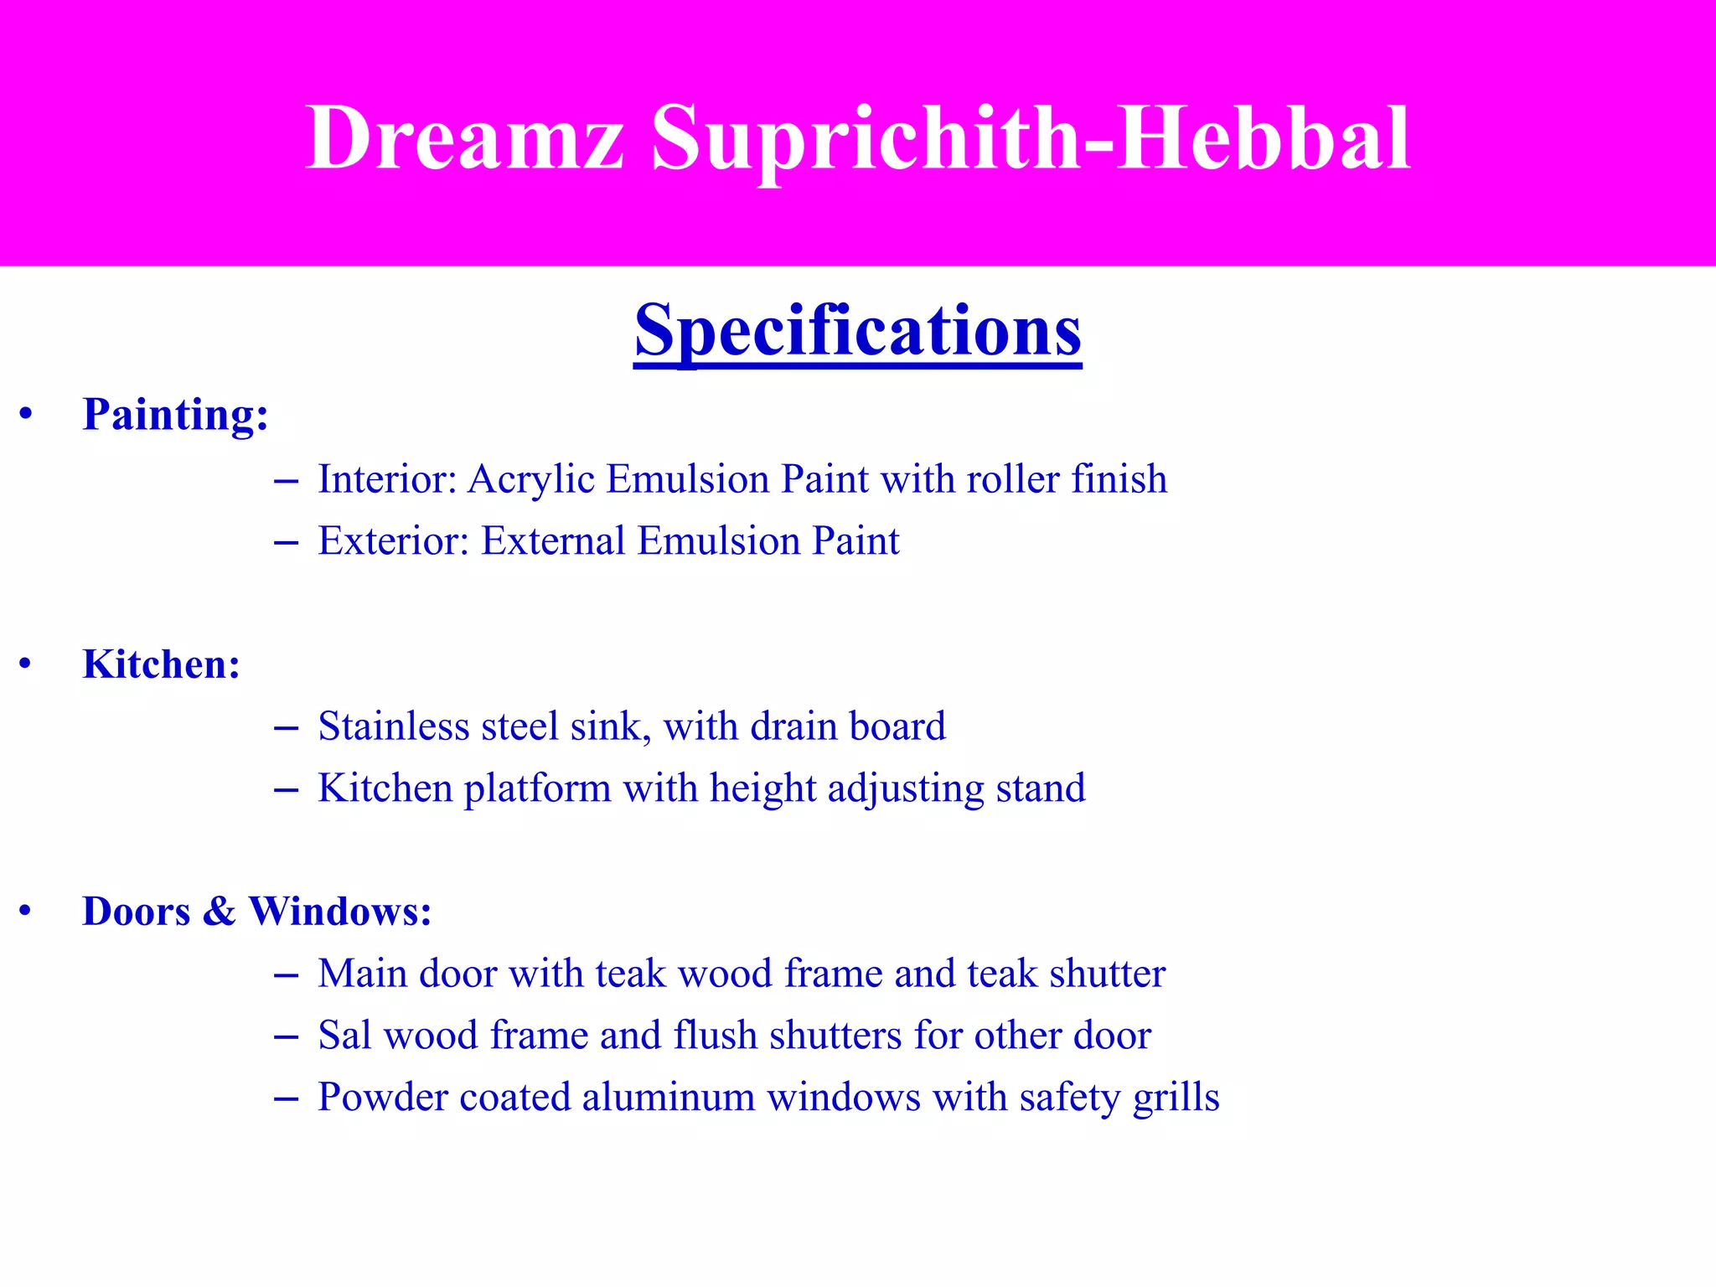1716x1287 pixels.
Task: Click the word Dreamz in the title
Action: pos(465,137)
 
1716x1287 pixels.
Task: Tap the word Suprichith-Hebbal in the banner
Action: pos(1031,137)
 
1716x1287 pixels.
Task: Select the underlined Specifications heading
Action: pos(857,330)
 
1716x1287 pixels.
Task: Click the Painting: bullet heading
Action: pos(175,414)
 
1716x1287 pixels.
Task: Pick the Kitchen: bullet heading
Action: pos(161,664)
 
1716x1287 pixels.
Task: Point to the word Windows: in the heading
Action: pos(340,911)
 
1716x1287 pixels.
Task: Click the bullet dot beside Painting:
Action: pos(26,414)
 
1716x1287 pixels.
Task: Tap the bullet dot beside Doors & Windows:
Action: pos(26,911)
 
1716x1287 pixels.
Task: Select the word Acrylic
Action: pos(531,480)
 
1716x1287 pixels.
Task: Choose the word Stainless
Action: pos(394,726)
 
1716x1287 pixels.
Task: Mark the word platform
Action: pos(537,789)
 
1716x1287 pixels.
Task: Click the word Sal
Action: pos(344,1035)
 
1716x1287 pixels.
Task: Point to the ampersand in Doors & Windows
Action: pos(219,911)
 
